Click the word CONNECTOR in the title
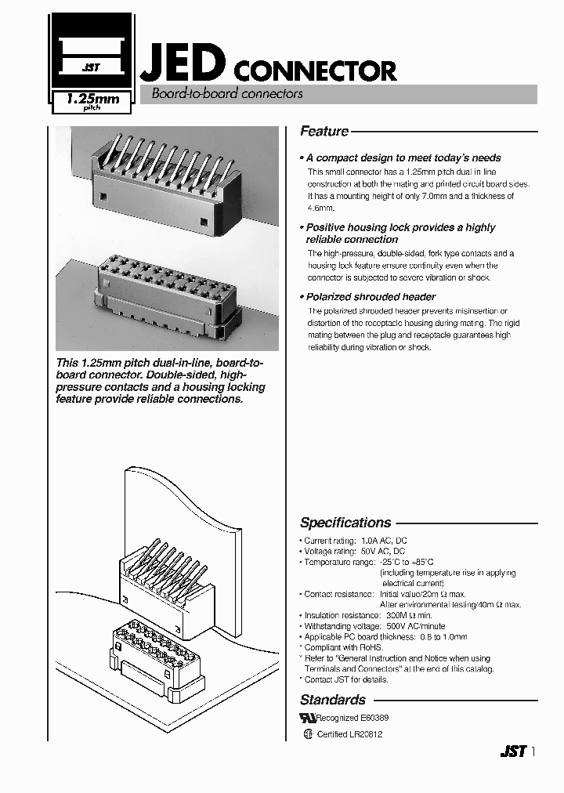[x=316, y=71]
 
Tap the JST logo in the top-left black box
[x=91, y=67]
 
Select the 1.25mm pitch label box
[x=92, y=103]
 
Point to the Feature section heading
[x=324, y=132]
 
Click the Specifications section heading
[x=345, y=523]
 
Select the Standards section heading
[x=333, y=700]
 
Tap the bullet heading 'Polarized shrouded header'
[x=371, y=297]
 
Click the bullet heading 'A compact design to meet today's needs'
[x=403, y=158]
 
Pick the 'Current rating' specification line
[x=354, y=541]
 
